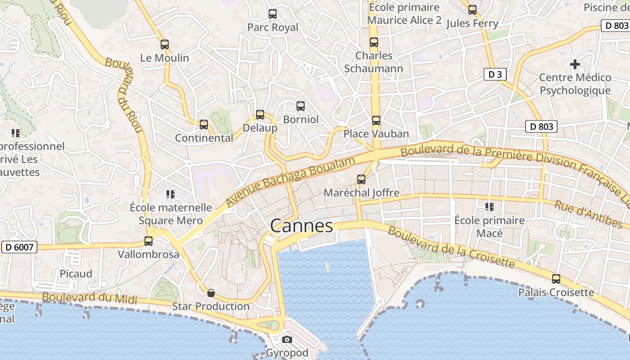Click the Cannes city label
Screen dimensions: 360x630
pos(301,225)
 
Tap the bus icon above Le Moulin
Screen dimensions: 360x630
pos(165,44)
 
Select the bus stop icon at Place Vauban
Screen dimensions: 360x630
pos(376,121)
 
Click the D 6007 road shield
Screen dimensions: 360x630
pos(19,247)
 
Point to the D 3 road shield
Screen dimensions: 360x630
pos(495,74)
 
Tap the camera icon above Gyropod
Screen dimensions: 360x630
pos(287,339)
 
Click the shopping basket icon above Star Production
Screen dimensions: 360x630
pos(211,293)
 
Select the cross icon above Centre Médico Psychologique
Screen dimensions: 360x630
pos(575,64)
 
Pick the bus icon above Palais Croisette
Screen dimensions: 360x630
pos(556,279)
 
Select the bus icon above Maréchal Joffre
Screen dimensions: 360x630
pos(361,179)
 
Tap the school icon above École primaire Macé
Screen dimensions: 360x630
pos(489,207)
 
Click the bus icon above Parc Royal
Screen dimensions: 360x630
pos(273,13)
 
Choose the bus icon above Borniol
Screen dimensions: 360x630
pos(301,106)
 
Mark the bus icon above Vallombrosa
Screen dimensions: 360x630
pos(148,241)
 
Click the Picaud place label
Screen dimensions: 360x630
pos(76,274)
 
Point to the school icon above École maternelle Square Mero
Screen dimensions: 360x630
pos(170,194)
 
